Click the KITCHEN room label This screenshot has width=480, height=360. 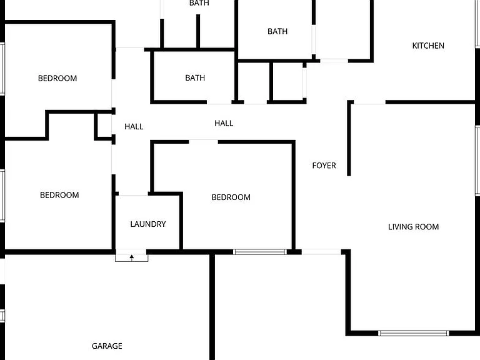tap(428, 46)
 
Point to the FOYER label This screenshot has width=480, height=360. tap(324, 166)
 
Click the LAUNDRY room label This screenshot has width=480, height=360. tap(148, 224)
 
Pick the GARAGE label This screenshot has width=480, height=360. tap(107, 346)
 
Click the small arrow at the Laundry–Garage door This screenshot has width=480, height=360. tap(132, 257)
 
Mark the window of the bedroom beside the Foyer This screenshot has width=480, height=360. tap(260, 252)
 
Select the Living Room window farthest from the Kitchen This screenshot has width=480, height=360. tap(414, 333)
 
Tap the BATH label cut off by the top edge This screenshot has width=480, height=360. tap(199, 3)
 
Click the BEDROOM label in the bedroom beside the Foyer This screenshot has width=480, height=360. tap(231, 197)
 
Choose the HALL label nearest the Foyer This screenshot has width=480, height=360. tap(224, 123)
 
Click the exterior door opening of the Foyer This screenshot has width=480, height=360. tap(321, 252)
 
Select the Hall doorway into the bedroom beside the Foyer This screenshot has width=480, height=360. tap(203, 142)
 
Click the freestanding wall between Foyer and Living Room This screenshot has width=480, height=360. tap(349, 139)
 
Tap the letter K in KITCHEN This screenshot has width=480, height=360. tap(414, 46)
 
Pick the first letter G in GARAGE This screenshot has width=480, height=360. tap(94, 346)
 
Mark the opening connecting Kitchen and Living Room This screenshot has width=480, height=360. tap(369, 102)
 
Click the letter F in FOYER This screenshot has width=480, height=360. tap(314, 166)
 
